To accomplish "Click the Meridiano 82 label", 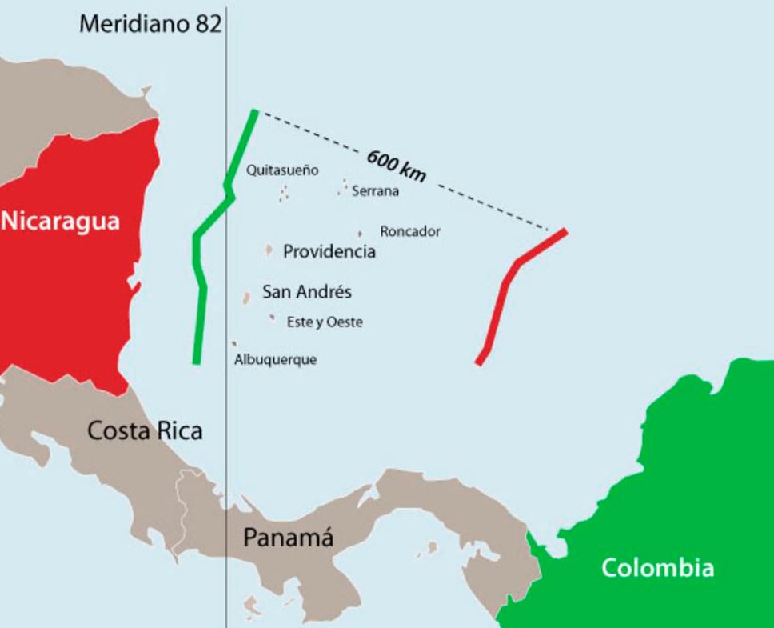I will point(150,24).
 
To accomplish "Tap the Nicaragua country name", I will point(61,220).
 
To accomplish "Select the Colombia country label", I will point(657,568).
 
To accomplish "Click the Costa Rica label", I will point(145,431).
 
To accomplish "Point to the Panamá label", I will point(288,538).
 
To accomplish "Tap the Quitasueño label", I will point(282,170).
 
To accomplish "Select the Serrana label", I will point(375,191).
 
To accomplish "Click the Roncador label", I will point(410,231).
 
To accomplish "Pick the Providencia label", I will point(329,252).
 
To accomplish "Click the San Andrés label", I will point(307,292).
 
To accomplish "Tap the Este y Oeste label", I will point(325,322).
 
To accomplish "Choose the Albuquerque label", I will point(275,360).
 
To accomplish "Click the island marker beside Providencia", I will point(269,250).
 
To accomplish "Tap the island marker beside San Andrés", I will point(247,298).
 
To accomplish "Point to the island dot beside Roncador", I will point(360,234).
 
